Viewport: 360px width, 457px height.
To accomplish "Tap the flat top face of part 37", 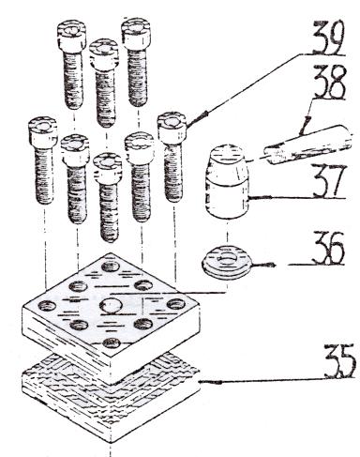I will (x=226, y=153).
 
